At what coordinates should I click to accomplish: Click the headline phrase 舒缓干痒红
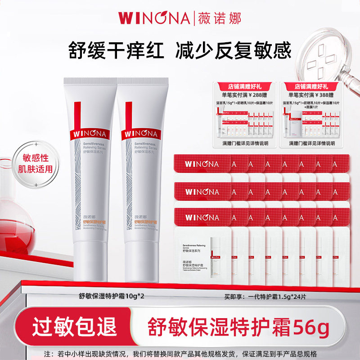click(x=112, y=49)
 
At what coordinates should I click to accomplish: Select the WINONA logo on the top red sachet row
click(x=201, y=165)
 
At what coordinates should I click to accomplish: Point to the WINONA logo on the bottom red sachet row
click(x=201, y=218)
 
